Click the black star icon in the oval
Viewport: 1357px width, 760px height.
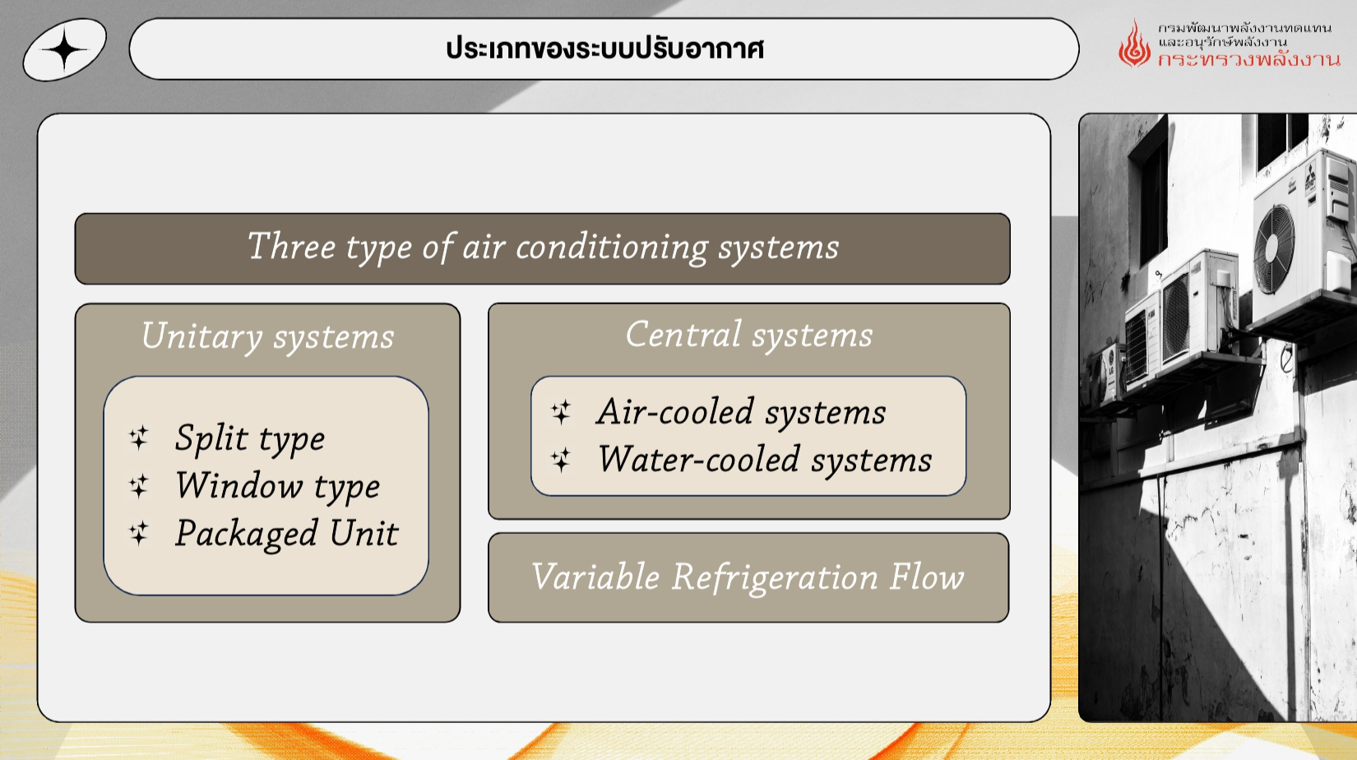coord(65,49)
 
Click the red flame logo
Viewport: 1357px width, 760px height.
coord(1134,44)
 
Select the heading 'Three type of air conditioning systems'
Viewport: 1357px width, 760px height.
coord(543,248)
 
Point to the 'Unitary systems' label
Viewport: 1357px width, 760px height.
coord(267,337)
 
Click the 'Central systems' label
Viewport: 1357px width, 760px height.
coord(748,335)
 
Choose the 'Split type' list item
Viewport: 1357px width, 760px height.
coord(249,438)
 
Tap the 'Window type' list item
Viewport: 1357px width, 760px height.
coord(277,486)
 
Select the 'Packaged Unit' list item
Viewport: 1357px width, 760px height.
coord(286,534)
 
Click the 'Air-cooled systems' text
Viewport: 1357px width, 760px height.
coord(741,412)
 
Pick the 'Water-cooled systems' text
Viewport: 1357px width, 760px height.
coord(765,460)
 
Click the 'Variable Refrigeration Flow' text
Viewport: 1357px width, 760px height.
coord(748,577)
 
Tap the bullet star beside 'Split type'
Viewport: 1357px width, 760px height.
coord(139,438)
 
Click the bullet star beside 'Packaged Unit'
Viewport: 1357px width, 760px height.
coord(139,533)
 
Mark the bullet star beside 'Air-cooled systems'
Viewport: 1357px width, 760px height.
coord(561,412)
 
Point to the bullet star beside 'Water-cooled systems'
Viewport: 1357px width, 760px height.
coord(561,460)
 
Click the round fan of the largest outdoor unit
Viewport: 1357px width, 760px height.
coord(1274,249)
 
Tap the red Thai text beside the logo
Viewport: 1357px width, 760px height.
coord(1248,60)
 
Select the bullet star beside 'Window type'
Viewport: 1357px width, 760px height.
coord(139,485)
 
